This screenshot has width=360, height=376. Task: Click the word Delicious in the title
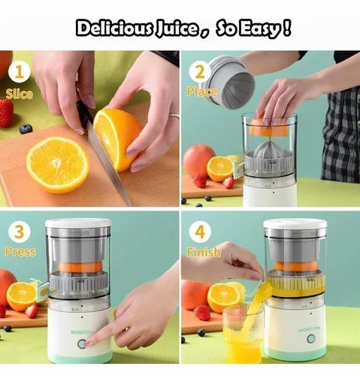[111, 29]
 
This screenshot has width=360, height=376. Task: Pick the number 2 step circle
[199, 73]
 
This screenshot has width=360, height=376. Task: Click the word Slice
[19, 94]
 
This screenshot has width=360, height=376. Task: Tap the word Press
[20, 251]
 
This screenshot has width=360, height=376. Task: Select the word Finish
[204, 252]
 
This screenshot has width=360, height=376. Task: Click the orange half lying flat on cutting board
[57, 165]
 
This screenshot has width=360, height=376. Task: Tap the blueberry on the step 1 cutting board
[26, 129]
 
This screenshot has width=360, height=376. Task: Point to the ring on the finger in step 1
[174, 117]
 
